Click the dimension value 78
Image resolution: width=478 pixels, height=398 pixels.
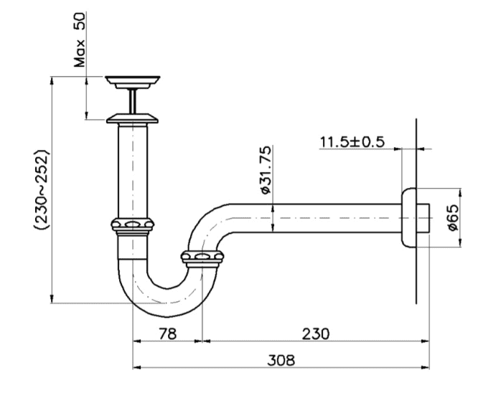tap(167, 333)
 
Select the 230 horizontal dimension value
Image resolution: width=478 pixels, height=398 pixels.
tap(316, 333)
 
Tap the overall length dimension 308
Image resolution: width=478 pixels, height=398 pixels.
tap(281, 360)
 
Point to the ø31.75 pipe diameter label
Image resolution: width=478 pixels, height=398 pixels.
tap(266, 170)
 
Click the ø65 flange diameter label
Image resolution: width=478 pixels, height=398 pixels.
tap(453, 217)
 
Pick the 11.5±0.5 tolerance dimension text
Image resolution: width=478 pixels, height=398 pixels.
tap(352, 142)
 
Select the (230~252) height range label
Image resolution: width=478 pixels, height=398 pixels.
tap(42, 189)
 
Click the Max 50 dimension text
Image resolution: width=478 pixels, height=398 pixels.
tap(80, 39)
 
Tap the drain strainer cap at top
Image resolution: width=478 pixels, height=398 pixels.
tap(133, 82)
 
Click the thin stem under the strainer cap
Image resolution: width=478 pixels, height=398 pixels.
tap(133, 101)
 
